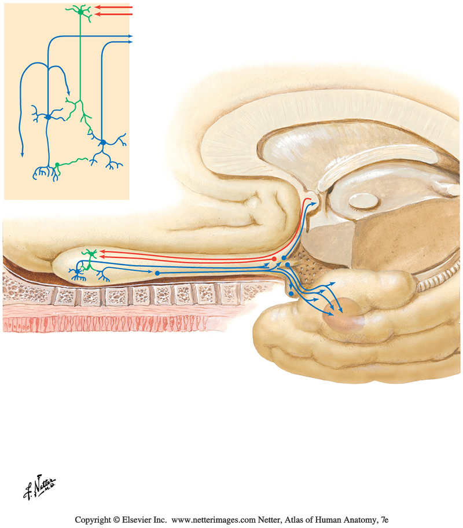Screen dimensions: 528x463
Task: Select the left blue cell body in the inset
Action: tap(49, 117)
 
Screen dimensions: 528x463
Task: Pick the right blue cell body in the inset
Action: tap(102, 142)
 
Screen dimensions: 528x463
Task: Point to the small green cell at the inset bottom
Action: tap(57, 166)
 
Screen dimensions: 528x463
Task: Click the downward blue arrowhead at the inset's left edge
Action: tap(22, 153)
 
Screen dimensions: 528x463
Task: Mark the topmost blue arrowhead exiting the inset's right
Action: tap(130, 36)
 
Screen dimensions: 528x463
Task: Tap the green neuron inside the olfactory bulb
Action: tap(89, 253)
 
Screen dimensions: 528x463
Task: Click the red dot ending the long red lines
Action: tap(274, 258)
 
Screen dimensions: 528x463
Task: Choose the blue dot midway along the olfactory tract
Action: tap(157, 270)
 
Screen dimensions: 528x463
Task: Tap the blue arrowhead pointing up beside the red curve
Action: tap(315, 202)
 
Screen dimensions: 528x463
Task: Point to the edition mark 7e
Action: tap(383, 520)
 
